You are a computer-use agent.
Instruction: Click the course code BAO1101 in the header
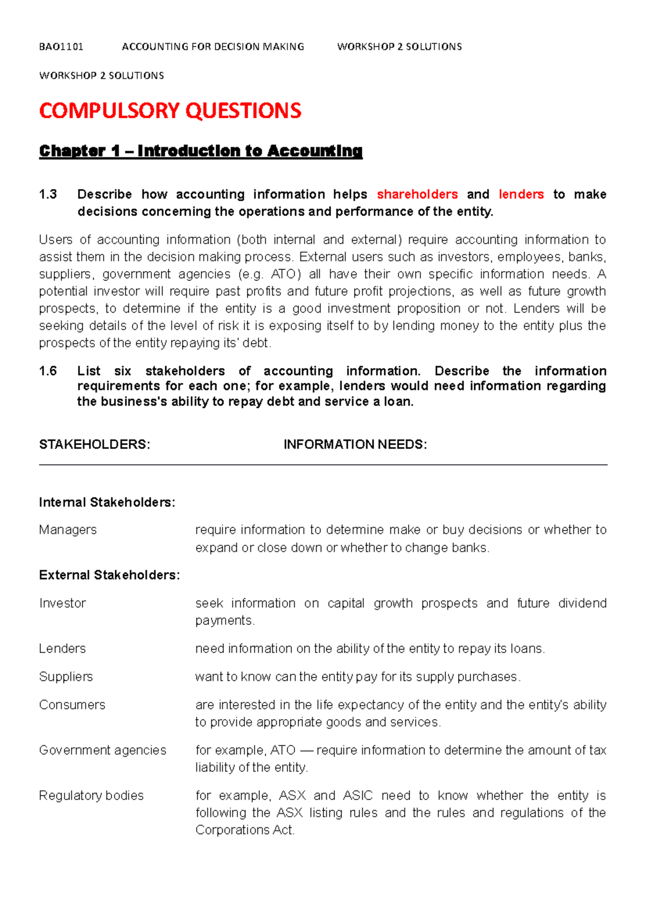(x=61, y=47)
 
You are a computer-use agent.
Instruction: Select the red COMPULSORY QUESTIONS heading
(x=170, y=111)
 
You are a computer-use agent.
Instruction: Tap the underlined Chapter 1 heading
(x=200, y=151)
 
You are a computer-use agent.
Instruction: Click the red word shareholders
(x=417, y=194)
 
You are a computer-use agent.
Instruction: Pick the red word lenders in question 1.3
(x=521, y=194)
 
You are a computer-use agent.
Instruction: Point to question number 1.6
(x=48, y=371)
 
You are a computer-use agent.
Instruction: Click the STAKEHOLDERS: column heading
(x=94, y=445)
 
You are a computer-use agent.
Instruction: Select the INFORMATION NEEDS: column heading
(x=355, y=445)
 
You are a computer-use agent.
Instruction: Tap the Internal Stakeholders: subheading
(x=107, y=503)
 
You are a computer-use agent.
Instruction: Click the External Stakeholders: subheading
(x=109, y=575)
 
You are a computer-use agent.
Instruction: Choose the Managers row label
(x=68, y=530)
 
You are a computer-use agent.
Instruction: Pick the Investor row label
(x=62, y=603)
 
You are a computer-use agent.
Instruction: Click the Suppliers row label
(x=66, y=677)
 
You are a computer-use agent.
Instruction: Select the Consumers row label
(x=72, y=705)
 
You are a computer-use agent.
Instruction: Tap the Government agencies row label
(x=102, y=750)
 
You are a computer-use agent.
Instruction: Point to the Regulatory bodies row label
(x=91, y=796)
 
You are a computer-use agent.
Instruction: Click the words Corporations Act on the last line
(x=244, y=830)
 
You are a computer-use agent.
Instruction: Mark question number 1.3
(x=48, y=194)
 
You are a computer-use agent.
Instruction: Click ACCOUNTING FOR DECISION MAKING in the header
(x=213, y=47)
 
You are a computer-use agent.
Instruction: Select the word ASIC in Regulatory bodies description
(x=357, y=796)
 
